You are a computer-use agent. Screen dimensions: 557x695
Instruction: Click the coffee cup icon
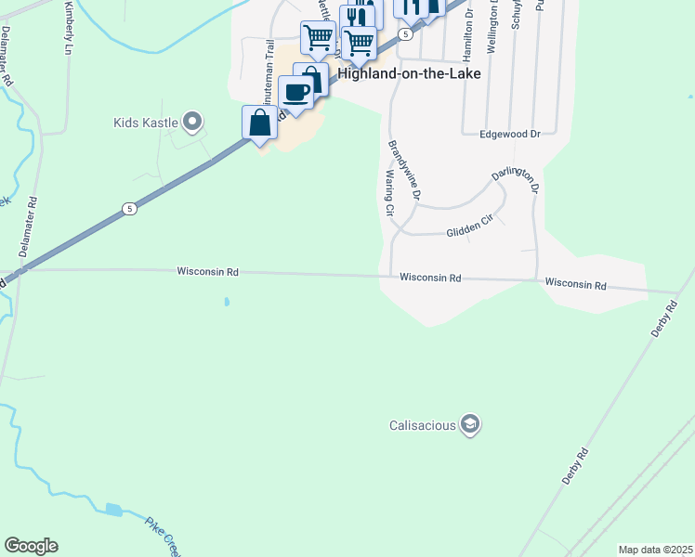(x=296, y=93)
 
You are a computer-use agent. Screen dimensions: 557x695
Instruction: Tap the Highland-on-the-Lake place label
(x=409, y=73)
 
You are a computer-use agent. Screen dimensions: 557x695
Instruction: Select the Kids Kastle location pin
(x=193, y=122)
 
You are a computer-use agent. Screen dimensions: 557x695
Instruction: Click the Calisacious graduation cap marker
(x=470, y=425)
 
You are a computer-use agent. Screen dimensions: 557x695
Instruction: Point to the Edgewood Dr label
(x=509, y=134)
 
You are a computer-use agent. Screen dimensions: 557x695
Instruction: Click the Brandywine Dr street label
(x=405, y=170)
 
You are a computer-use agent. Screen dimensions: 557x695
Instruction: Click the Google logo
(x=32, y=546)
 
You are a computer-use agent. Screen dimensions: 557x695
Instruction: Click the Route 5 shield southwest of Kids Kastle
(x=129, y=209)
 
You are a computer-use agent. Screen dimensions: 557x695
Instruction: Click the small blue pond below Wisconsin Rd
(x=226, y=302)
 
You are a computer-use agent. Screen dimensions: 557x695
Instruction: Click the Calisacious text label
(x=422, y=425)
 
